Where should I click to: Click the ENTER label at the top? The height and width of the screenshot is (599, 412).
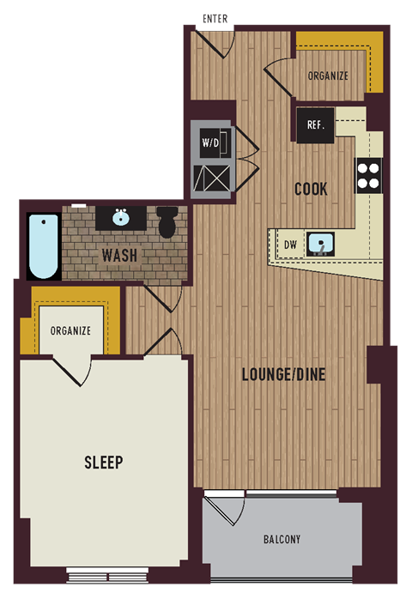(x=215, y=18)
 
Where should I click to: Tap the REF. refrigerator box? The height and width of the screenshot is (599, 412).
(x=315, y=125)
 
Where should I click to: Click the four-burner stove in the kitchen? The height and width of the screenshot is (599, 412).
(x=368, y=175)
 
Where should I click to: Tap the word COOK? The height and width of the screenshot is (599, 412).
(x=310, y=189)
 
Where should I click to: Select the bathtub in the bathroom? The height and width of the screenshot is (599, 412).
(x=43, y=245)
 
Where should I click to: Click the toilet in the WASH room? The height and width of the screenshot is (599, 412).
(x=167, y=223)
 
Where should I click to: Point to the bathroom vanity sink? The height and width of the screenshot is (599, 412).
(x=119, y=216)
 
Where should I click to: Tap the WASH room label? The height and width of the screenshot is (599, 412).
(x=119, y=256)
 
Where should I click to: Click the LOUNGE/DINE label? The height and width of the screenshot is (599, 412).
(x=282, y=374)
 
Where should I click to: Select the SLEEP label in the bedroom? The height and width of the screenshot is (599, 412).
(x=103, y=463)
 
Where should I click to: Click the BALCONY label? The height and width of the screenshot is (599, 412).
(x=282, y=539)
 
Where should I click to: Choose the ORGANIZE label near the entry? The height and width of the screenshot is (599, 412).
(x=328, y=76)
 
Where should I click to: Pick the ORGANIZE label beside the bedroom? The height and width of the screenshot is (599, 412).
(x=70, y=330)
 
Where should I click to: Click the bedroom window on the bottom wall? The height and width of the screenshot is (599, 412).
(x=101, y=572)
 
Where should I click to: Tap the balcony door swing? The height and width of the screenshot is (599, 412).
(x=223, y=513)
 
